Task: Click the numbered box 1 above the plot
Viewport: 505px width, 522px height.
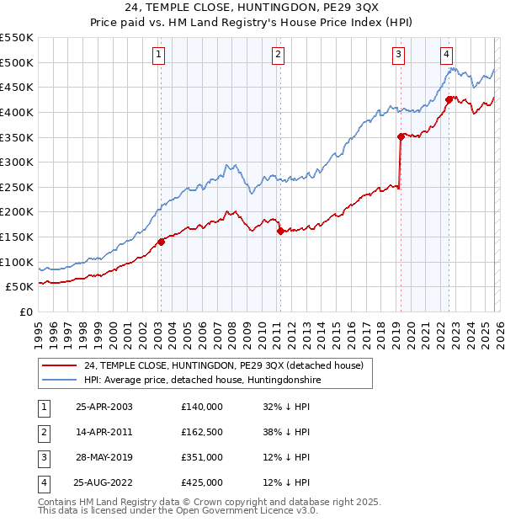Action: pos(159,56)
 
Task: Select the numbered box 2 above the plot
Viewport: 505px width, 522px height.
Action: pos(278,56)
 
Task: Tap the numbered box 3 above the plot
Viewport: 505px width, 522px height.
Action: pos(398,56)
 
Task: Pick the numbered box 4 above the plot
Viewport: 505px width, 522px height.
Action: pos(446,56)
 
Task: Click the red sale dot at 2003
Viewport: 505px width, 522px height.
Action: pos(161,242)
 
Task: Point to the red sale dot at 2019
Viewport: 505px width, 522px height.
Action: pos(401,136)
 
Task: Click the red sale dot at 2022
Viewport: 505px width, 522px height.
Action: pos(449,99)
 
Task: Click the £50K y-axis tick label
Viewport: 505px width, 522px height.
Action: pos(19,287)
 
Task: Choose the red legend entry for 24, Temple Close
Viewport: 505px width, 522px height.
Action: pos(223,366)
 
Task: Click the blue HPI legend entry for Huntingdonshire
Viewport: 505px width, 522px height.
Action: pos(202,381)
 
